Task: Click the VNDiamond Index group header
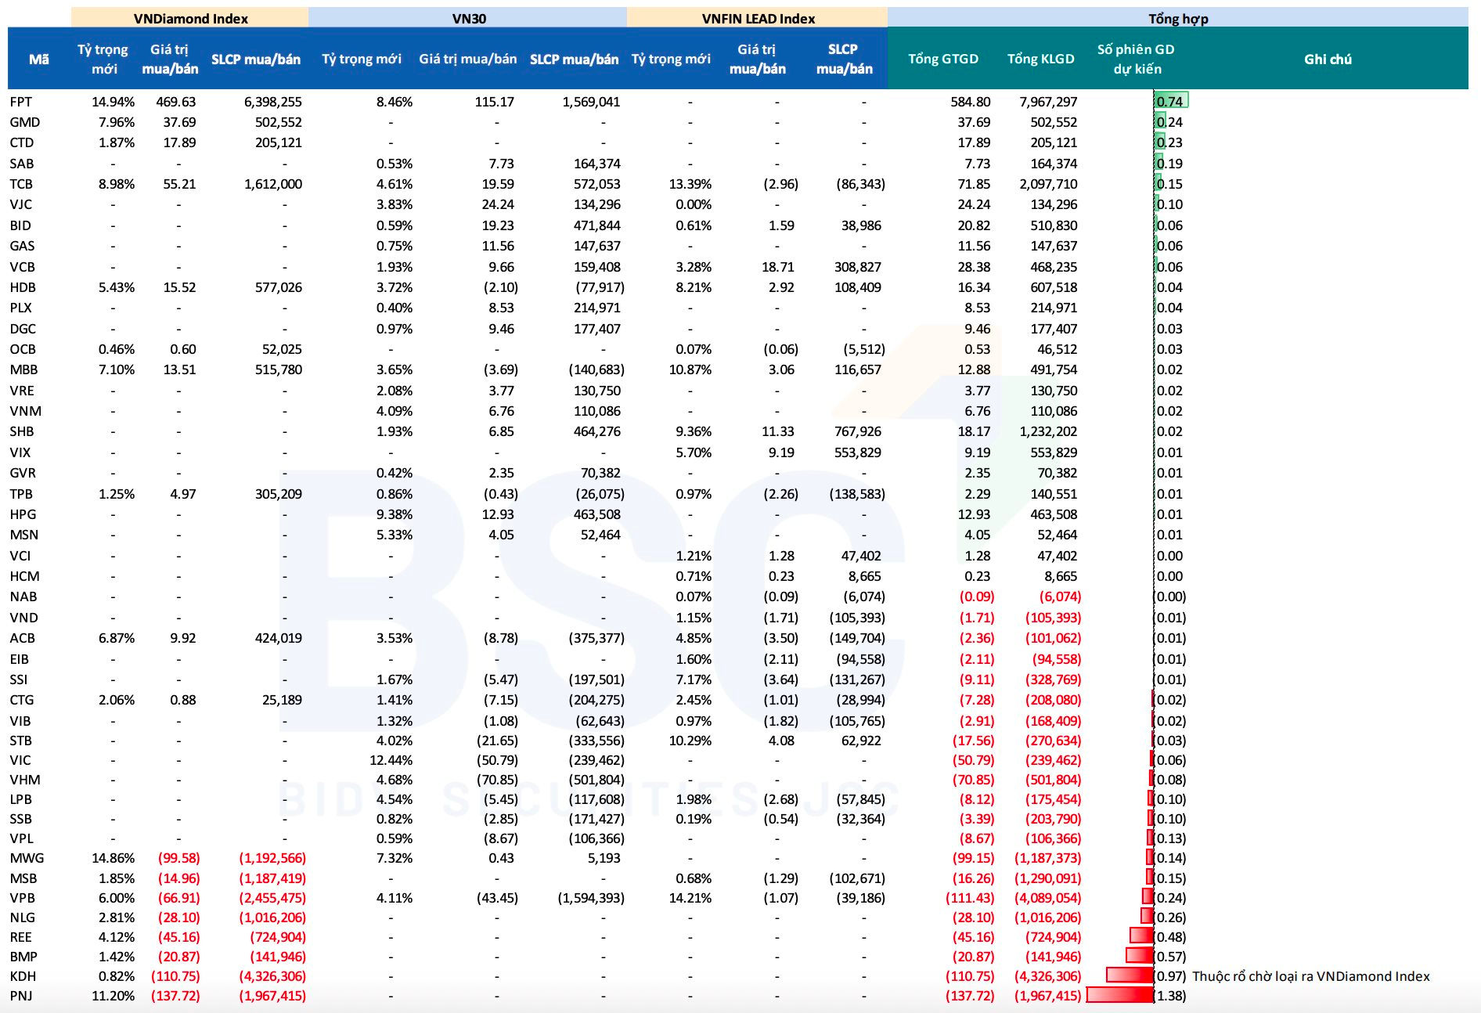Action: point(190,18)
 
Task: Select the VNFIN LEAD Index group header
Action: point(758,18)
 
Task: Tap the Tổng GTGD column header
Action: point(942,59)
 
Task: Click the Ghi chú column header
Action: point(1328,59)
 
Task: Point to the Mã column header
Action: point(38,59)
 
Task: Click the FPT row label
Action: point(21,102)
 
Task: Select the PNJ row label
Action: point(21,996)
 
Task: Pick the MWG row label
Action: point(27,858)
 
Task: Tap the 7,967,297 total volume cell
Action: point(1048,102)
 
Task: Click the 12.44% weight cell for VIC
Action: point(391,760)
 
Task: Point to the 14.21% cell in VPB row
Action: point(690,898)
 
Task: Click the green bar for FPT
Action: point(1172,99)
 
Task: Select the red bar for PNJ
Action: point(1120,995)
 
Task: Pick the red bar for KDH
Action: point(1130,975)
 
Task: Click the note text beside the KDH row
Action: point(1310,976)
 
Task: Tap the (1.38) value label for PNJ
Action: point(1171,996)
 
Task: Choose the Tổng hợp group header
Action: point(1177,18)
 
